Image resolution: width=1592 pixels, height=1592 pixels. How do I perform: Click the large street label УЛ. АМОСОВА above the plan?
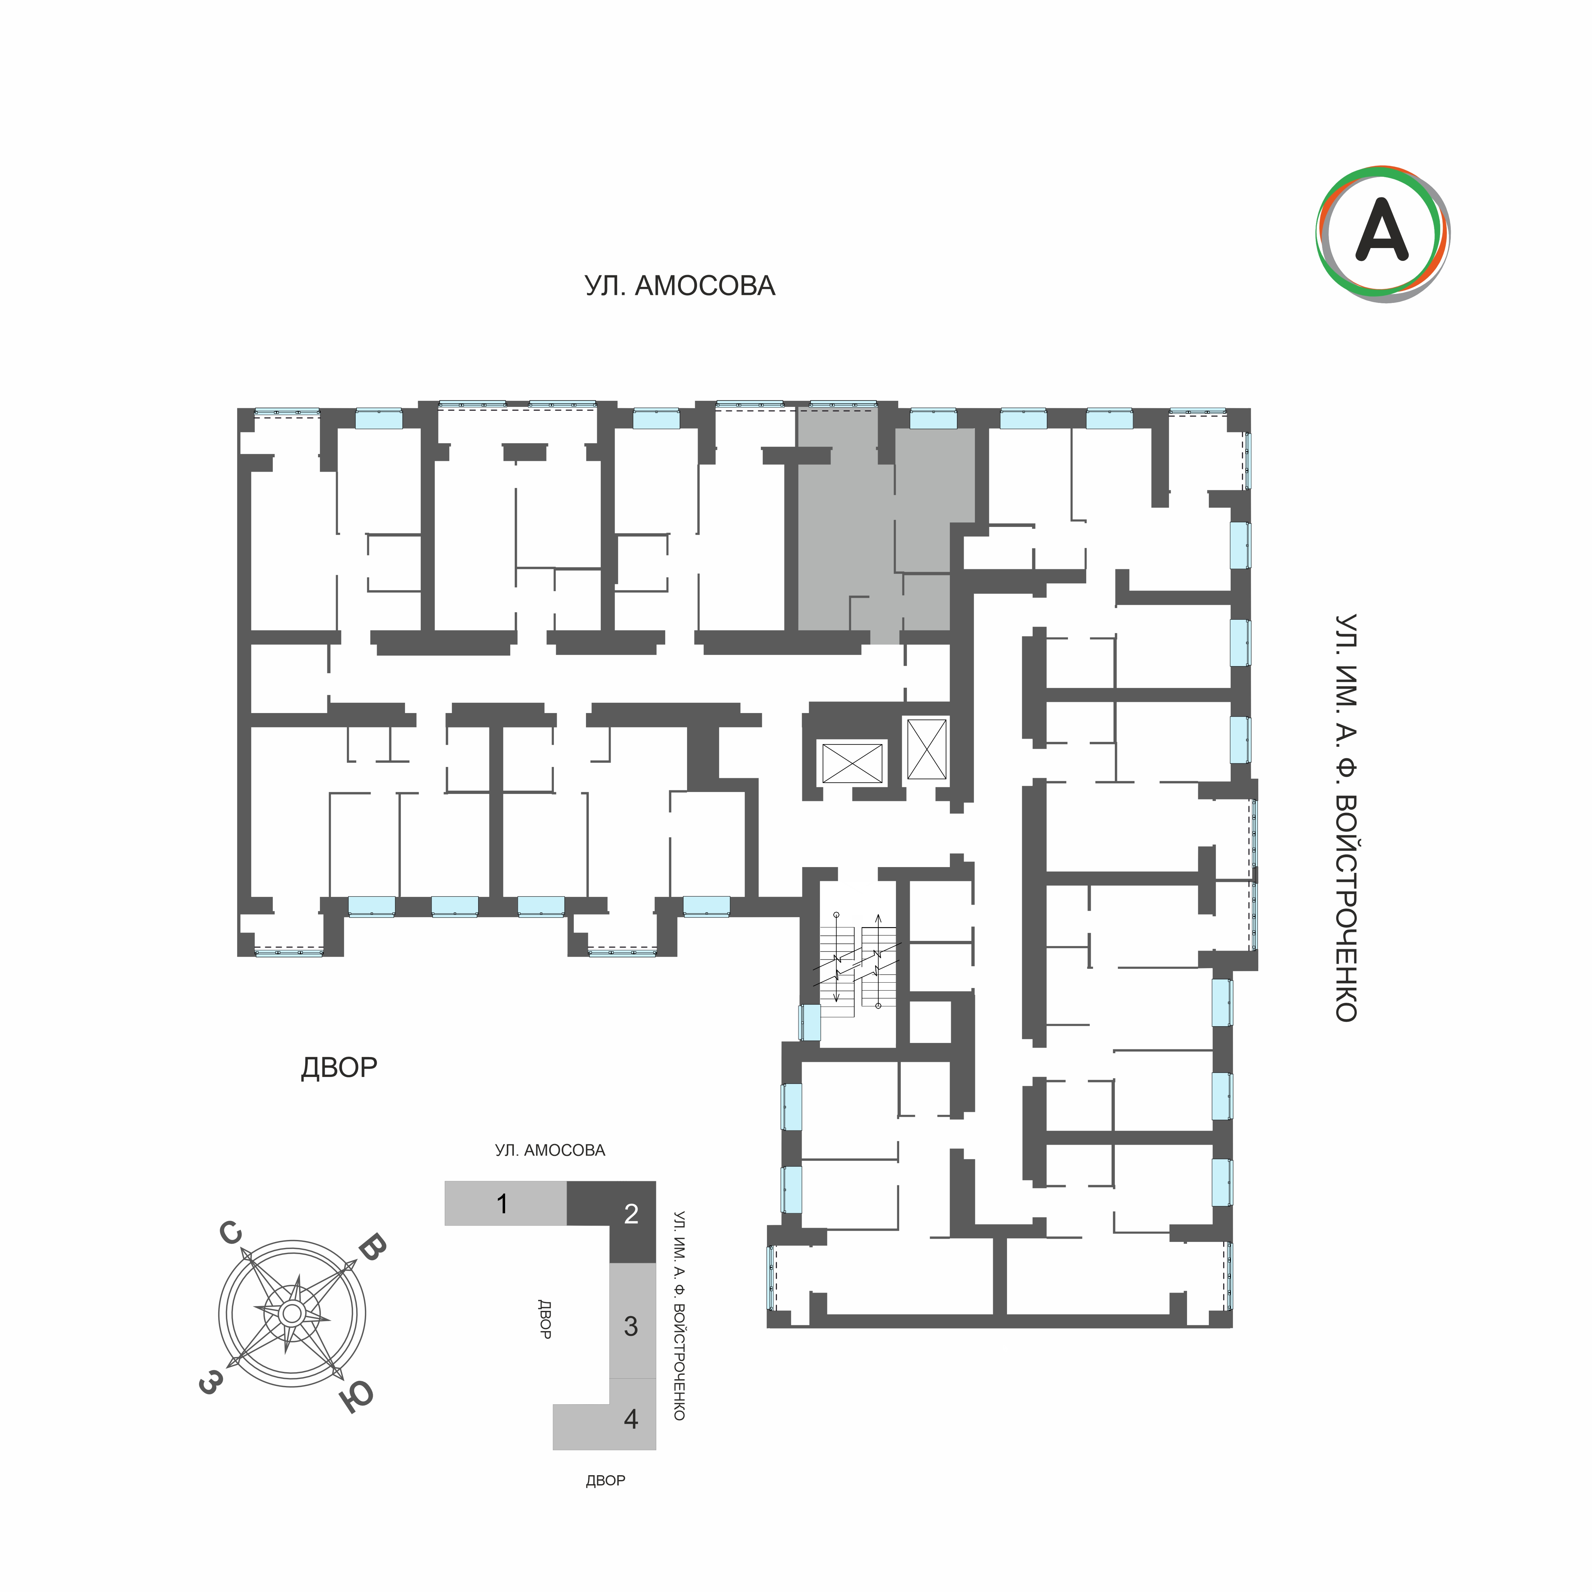coord(680,286)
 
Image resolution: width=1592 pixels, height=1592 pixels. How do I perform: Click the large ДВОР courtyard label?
coord(339,1068)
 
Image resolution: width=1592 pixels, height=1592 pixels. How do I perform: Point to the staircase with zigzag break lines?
coord(857,960)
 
